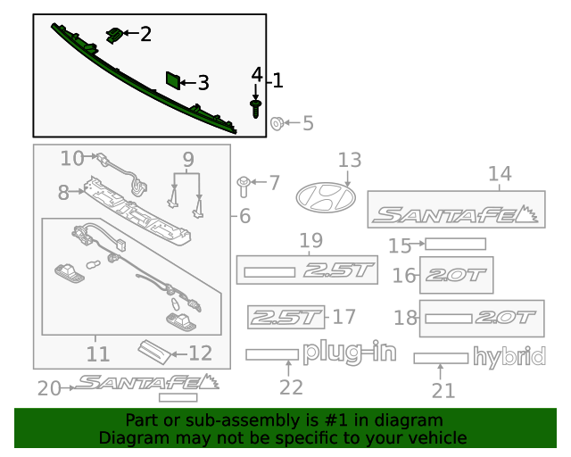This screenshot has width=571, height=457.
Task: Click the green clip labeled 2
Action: [x=113, y=35]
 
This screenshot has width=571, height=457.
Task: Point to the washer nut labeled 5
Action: [x=277, y=122]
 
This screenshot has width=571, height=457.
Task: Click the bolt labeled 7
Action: [x=244, y=185]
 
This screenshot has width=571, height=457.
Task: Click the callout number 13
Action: [x=349, y=161]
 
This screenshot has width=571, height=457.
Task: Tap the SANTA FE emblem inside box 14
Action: [x=455, y=214]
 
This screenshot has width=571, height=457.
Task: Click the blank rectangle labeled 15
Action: [x=455, y=244]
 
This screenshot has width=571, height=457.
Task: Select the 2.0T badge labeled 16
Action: [x=455, y=275]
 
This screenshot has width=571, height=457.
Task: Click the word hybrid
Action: [x=509, y=358]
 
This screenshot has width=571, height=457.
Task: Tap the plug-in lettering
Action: [x=349, y=353]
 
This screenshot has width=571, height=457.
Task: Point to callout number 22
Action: [x=291, y=387]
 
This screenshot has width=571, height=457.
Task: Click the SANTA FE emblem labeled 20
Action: [x=147, y=383]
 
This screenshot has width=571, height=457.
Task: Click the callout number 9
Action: [x=187, y=161]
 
